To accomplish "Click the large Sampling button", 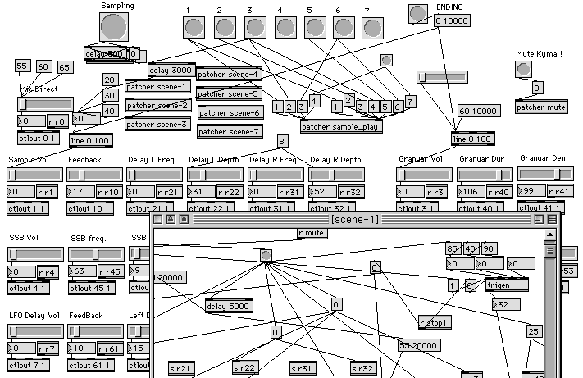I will pos(116,28).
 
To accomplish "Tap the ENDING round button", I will pos(418,13).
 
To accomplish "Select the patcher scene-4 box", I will pos(229,75).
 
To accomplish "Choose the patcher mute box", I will pos(540,107).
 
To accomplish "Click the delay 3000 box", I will pos(171,71).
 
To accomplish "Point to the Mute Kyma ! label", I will pos(539,54).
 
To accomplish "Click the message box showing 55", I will pos(23,66).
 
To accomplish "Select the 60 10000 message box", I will pos(477,111).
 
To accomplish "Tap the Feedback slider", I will pos(94,175).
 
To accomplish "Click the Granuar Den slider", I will pos(546,173).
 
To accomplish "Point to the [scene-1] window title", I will pos(354,219).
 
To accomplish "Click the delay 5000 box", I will pos(228,307).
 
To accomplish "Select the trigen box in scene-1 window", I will pos(506,285).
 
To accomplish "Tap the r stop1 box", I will pos(435,322).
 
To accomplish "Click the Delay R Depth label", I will pos(334,160).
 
